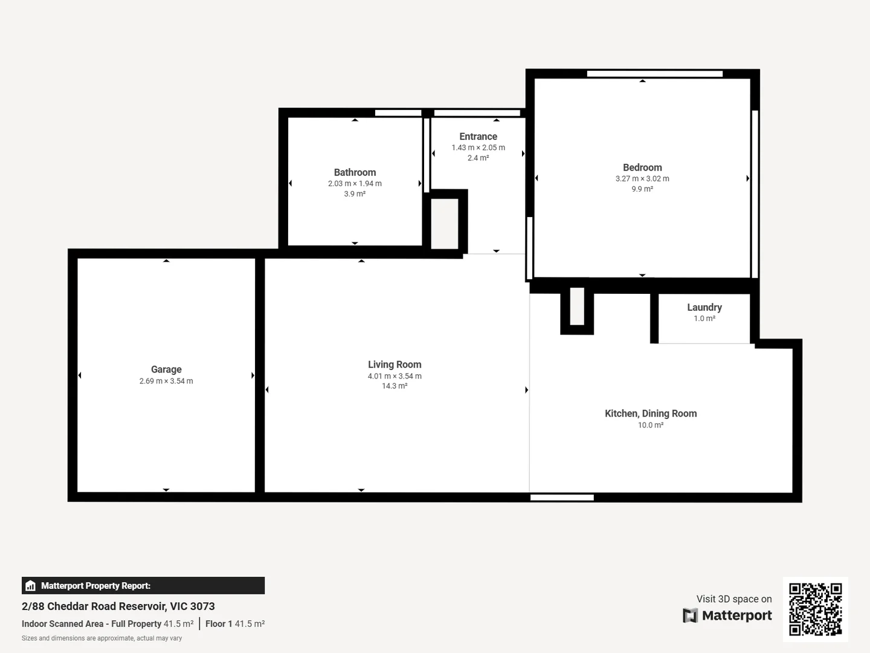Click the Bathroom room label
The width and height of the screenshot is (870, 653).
click(x=355, y=172)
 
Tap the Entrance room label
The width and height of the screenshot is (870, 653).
click(x=478, y=137)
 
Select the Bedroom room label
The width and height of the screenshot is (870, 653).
click(x=642, y=167)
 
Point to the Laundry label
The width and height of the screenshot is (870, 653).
click(x=704, y=307)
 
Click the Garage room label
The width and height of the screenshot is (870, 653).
click(x=166, y=369)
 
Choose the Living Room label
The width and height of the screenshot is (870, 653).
click(x=395, y=365)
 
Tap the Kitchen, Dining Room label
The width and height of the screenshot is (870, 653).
click(x=651, y=414)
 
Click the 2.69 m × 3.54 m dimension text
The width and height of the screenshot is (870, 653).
click(x=166, y=381)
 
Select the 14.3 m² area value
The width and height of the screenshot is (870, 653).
click(x=395, y=386)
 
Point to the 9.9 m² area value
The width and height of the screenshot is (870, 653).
click(x=642, y=189)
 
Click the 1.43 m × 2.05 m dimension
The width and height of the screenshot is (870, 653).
click(x=478, y=148)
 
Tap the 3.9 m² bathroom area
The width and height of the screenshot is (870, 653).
click(x=355, y=194)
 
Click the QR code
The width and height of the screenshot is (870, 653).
click(x=815, y=609)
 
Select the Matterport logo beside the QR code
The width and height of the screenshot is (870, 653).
click(x=727, y=616)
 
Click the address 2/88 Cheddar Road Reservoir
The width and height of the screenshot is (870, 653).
click(x=118, y=606)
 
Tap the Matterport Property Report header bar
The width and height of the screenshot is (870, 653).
click(x=143, y=585)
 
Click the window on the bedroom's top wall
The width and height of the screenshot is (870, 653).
click(x=654, y=74)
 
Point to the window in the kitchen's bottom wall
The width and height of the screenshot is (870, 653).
click(x=562, y=498)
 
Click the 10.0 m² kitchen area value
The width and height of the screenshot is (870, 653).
click(x=651, y=425)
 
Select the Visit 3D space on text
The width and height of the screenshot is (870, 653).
click(x=733, y=599)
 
